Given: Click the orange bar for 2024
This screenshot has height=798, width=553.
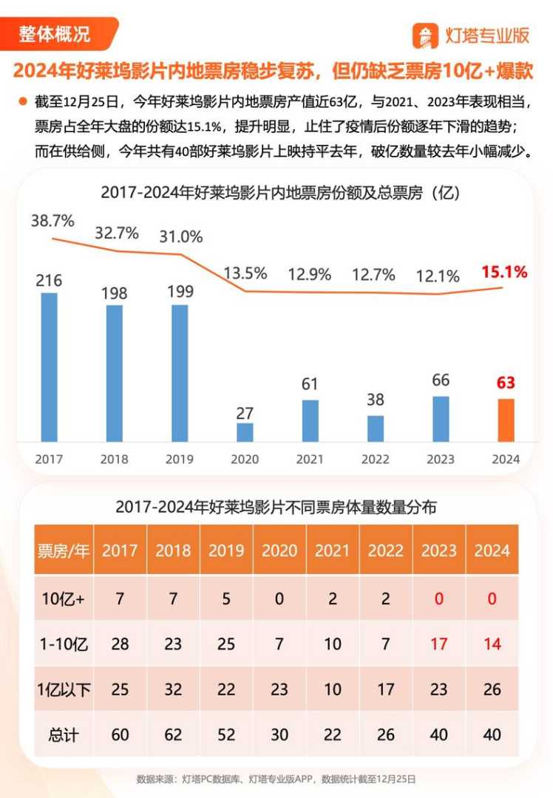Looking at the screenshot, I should (506, 420).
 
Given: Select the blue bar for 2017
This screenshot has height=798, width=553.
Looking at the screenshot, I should (49, 367).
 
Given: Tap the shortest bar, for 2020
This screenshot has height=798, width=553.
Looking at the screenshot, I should (245, 432).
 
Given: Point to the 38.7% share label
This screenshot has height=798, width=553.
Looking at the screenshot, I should (52, 220).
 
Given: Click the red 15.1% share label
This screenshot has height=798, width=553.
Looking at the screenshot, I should (504, 272).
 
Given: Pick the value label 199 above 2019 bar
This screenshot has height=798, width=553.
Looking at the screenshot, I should (180, 291).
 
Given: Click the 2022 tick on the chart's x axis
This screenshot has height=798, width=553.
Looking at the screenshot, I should (375, 459).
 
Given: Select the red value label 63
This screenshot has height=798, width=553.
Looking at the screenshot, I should (506, 383).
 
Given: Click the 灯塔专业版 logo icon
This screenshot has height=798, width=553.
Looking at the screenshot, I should (426, 35).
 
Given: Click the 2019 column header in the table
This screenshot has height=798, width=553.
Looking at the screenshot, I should (226, 550).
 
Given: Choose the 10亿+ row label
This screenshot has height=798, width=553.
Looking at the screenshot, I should (64, 598).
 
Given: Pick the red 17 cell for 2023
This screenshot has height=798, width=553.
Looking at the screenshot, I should (439, 644).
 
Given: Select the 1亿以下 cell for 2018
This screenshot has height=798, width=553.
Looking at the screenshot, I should (173, 689).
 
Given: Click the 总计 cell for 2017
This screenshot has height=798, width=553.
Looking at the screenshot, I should (120, 735).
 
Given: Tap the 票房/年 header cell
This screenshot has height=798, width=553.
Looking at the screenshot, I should (63, 550).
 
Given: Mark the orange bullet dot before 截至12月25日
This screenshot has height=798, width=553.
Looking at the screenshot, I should (22, 100).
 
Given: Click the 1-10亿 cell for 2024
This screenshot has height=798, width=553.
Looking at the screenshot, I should (492, 644).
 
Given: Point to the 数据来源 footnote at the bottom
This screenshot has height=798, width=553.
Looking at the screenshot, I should (276, 779).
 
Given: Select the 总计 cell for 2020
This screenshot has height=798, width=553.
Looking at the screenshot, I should (279, 735).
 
